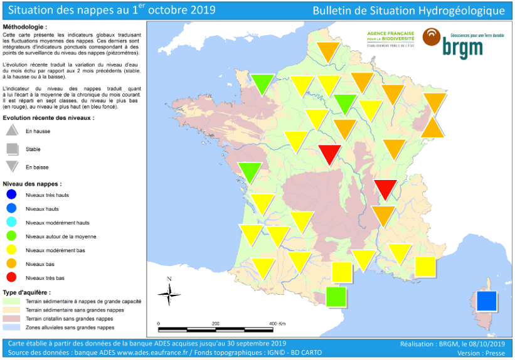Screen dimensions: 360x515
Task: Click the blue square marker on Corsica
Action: [487, 301]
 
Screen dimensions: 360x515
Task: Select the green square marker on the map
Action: [336, 296]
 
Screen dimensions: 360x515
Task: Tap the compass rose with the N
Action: [169, 293]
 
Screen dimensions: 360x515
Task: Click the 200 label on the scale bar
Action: [216, 324]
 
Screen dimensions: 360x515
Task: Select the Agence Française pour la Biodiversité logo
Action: [390, 38]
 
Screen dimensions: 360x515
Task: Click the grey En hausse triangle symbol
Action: [12, 130]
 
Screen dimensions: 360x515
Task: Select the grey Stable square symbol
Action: [12, 149]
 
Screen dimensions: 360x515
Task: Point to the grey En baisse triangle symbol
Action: [12, 167]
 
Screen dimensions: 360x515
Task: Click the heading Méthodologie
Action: [24, 28]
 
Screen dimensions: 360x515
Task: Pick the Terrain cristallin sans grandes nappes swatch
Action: [12, 319]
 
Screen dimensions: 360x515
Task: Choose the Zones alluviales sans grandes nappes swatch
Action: [12, 327]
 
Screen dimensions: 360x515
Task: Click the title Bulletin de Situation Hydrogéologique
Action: [408, 11]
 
